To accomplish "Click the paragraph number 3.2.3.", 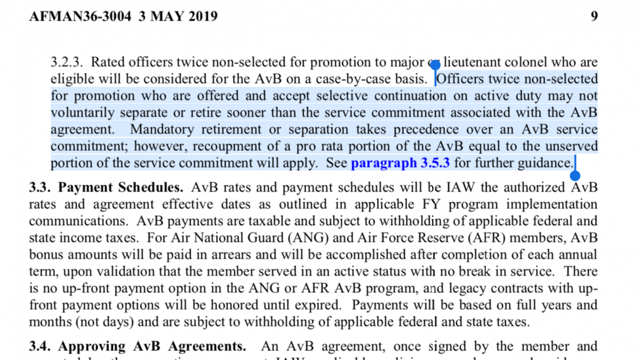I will point(67,63).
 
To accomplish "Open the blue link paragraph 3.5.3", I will point(400,163).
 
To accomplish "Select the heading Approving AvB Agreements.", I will point(152,347).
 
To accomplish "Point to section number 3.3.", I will point(40,188).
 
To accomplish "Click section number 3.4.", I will point(40,347).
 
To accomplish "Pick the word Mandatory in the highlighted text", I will point(165,130).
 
